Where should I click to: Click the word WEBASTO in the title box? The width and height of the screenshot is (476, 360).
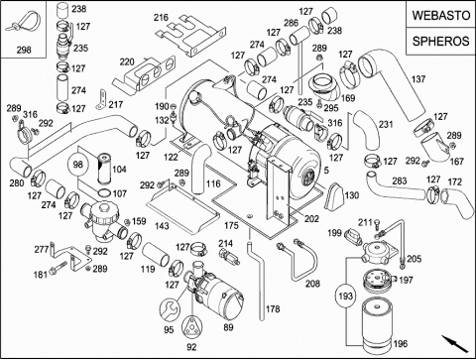(441, 15)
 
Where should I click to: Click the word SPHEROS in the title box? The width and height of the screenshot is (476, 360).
(441, 42)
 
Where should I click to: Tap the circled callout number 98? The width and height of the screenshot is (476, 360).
(77, 165)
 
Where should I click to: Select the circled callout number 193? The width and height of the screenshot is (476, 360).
(346, 296)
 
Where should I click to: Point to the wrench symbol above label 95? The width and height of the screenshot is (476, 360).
(171, 309)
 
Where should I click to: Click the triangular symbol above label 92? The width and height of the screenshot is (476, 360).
(191, 327)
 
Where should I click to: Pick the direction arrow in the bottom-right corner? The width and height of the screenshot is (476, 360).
(455, 344)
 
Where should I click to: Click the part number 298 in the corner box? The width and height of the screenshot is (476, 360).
(24, 50)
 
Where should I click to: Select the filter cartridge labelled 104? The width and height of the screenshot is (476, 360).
(104, 168)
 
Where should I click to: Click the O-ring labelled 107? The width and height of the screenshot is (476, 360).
(105, 193)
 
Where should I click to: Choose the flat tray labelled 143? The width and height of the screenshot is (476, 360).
(181, 208)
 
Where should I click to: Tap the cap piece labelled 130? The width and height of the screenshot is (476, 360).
(334, 195)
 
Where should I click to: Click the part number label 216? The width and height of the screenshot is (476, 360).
(161, 17)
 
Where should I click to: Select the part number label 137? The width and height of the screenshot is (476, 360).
(418, 79)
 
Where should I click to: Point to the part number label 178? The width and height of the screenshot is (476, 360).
(273, 309)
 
